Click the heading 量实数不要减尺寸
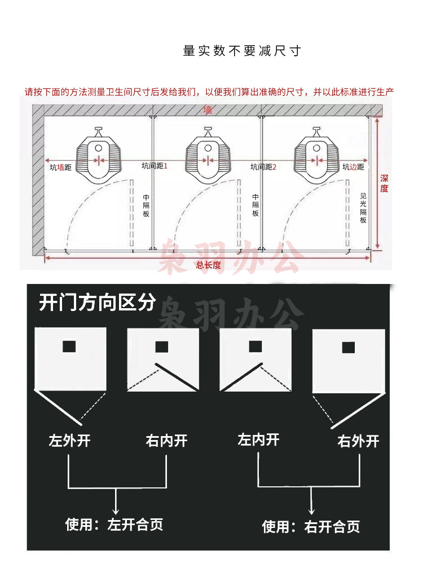(242, 51)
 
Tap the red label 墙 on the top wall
(208, 110)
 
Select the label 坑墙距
(60, 167)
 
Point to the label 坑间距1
(155, 166)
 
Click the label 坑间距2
(263, 167)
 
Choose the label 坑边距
(353, 167)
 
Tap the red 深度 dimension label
(384, 184)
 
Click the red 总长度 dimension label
(209, 265)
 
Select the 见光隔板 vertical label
(363, 208)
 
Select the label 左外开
(69, 441)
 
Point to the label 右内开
(167, 441)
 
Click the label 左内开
(258, 439)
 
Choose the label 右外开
(358, 441)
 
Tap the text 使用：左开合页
(114, 525)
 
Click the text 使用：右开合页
(311, 527)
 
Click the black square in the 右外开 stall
(349, 348)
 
